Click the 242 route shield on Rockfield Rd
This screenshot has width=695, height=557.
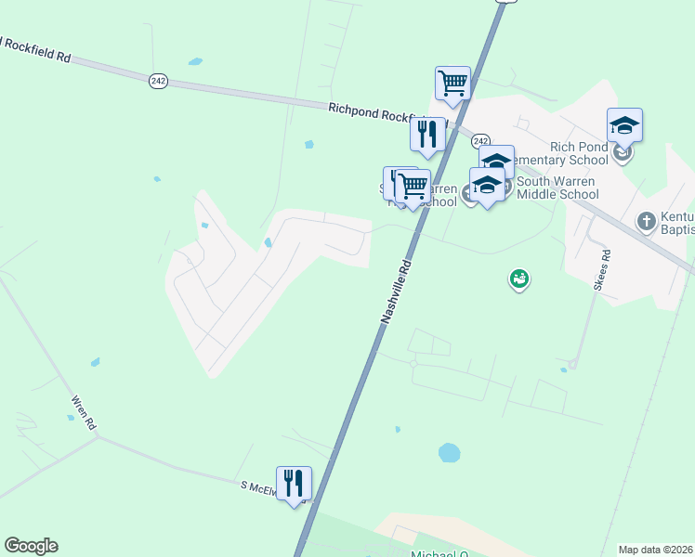[158, 82]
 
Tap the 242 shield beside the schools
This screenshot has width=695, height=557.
[480, 140]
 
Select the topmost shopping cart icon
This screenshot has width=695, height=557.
[452, 83]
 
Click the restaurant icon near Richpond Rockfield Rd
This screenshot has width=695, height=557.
[427, 135]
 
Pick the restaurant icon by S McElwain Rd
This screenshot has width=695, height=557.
[294, 484]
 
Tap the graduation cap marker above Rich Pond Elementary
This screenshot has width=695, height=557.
[624, 124]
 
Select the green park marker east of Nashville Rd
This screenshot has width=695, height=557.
[519, 278]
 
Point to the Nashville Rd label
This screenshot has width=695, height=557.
[395, 292]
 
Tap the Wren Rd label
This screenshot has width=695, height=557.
[83, 411]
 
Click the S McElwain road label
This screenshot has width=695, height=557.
[260, 488]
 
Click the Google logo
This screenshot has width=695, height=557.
[31, 546]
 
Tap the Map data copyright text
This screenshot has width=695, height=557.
[656, 549]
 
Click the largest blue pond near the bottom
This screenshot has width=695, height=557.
[449, 453]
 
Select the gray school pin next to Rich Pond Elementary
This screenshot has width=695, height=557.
[622, 150]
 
